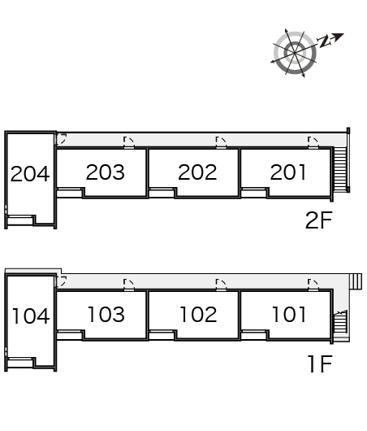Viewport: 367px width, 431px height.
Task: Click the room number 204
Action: pyautogui.click(x=30, y=174)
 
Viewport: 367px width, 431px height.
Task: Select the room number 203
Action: pyautogui.click(x=105, y=172)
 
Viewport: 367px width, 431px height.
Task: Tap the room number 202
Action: pyautogui.click(x=197, y=172)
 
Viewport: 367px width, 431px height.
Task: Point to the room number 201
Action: pyautogui.click(x=288, y=172)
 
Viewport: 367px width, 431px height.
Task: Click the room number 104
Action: pyautogui.click(x=31, y=316)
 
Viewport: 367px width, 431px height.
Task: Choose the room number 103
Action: pyautogui.click(x=106, y=314)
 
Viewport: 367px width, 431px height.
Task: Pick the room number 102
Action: pyautogui.click(x=198, y=314)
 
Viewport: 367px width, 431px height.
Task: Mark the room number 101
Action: pyautogui.click(x=289, y=314)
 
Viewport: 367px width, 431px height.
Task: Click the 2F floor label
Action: pyautogui.click(x=318, y=220)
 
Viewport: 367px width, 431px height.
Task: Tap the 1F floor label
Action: pyautogui.click(x=320, y=364)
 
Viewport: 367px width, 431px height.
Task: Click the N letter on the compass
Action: pyautogui.click(x=324, y=41)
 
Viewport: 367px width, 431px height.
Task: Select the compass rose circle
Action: pyautogui.click(x=295, y=53)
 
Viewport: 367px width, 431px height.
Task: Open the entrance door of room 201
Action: pyautogui.click(x=313, y=142)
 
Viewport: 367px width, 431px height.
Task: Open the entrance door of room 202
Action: pyautogui.click(x=221, y=142)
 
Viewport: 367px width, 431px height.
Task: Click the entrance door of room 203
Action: pyautogui.click(x=129, y=142)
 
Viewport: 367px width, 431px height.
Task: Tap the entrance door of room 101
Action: pyautogui.click(x=313, y=285)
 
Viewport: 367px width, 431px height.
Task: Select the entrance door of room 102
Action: pyautogui.click(x=221, y=285)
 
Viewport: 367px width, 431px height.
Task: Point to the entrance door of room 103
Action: pyautogui.click(x=129, y=285)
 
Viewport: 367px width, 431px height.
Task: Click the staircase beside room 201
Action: pyautogui.click(x=341, y=169)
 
